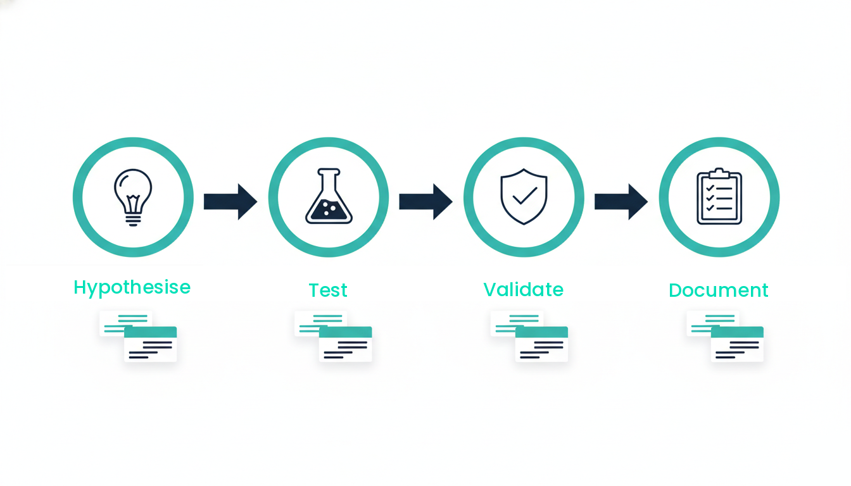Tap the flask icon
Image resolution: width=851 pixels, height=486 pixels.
point(328,197)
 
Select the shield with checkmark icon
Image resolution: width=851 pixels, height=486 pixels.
point(524,197)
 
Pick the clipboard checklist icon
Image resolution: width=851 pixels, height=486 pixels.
point(719,197)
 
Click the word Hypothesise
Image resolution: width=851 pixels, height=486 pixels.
point(132,288)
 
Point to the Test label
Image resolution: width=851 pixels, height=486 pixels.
point(328,290)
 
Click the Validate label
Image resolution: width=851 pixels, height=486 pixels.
point(524,290)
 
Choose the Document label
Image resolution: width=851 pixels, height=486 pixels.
point(719,290)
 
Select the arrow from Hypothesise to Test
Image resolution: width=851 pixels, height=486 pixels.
point(230,201)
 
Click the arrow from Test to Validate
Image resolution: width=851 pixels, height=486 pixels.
point(425,201)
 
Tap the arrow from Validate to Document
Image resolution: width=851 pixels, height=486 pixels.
point(621,201)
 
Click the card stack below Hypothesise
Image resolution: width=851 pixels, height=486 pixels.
point(138,336)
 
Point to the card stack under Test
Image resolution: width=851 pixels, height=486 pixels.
point(334,336)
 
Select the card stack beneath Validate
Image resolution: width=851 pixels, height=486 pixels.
point(529,336)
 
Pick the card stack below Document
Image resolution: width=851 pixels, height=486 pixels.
point(725,336)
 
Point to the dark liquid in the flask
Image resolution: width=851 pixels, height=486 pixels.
point(328,211)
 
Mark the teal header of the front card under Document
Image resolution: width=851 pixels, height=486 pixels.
point(737,332)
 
